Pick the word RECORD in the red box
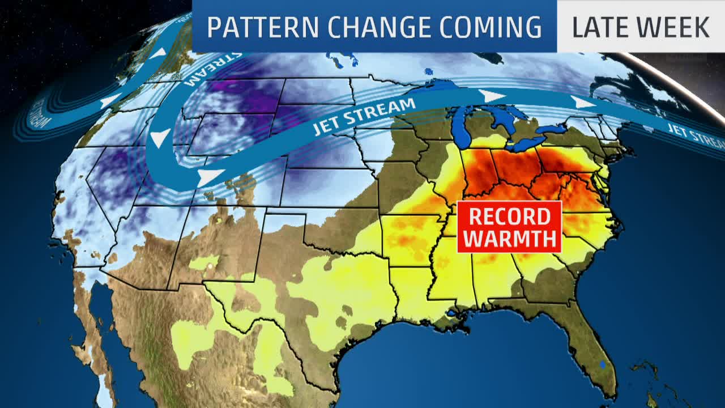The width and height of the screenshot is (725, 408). click(x=509, y=216)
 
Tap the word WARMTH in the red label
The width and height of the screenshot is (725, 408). click(x=509, y=239)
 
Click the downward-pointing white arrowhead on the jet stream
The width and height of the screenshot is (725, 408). click(x=160, y=138)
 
